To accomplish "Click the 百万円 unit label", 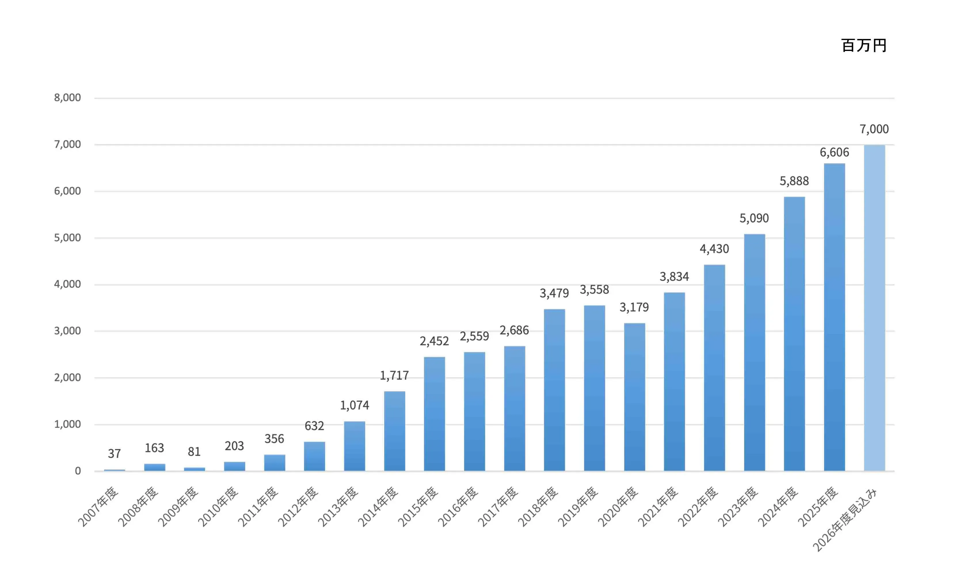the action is (864, 45).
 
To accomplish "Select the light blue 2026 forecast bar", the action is (874, 308).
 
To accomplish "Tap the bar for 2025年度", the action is (834, 317).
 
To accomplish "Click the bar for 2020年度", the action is (634, 397).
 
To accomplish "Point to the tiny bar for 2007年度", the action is (114, 470).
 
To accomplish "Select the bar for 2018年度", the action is (554, 390).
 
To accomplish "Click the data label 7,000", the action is (874, 129).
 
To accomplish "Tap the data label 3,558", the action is (594, 289).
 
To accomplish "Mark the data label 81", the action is (194, 451).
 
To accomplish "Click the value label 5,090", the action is (754, 218).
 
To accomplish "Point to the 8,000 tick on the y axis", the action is (67, 98).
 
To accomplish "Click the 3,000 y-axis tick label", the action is (67, 331).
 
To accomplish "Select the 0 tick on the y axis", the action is (78, 471).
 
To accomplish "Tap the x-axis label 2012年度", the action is (298, 507).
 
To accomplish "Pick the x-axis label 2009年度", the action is (178, 507).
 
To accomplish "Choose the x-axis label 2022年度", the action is (697, 507).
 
